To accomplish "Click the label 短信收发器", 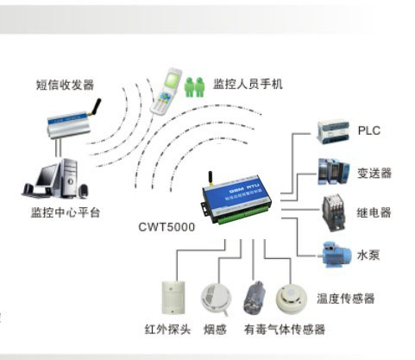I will coord(66,84).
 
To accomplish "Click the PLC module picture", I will coord(333,132).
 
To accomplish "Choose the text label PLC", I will coord(369,131).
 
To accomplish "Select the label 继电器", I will coord(374,212).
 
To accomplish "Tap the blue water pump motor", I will coord(334,253).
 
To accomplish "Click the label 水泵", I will coord(368,254).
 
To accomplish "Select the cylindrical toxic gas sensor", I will coord(255,300).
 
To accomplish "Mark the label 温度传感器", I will coord(346,299).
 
